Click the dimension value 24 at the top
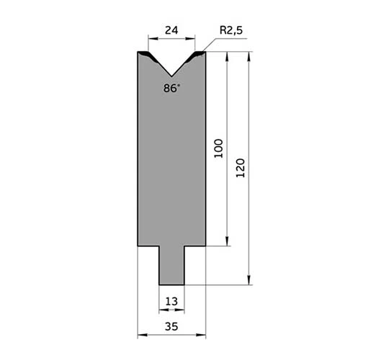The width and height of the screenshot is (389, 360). [171, 30]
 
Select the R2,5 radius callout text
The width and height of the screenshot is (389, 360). [231, 30]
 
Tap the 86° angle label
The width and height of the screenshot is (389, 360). [171, 88]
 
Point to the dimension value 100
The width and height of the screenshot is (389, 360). [218, 148]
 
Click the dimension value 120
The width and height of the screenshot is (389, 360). [240, 168]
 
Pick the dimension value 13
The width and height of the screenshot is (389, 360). [171, 302]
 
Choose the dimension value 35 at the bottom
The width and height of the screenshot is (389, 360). [171, 327]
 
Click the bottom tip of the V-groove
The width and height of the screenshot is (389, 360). [171, 76]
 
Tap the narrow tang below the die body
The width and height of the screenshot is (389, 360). [171, 265]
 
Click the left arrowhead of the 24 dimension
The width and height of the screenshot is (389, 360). [153, 38]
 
